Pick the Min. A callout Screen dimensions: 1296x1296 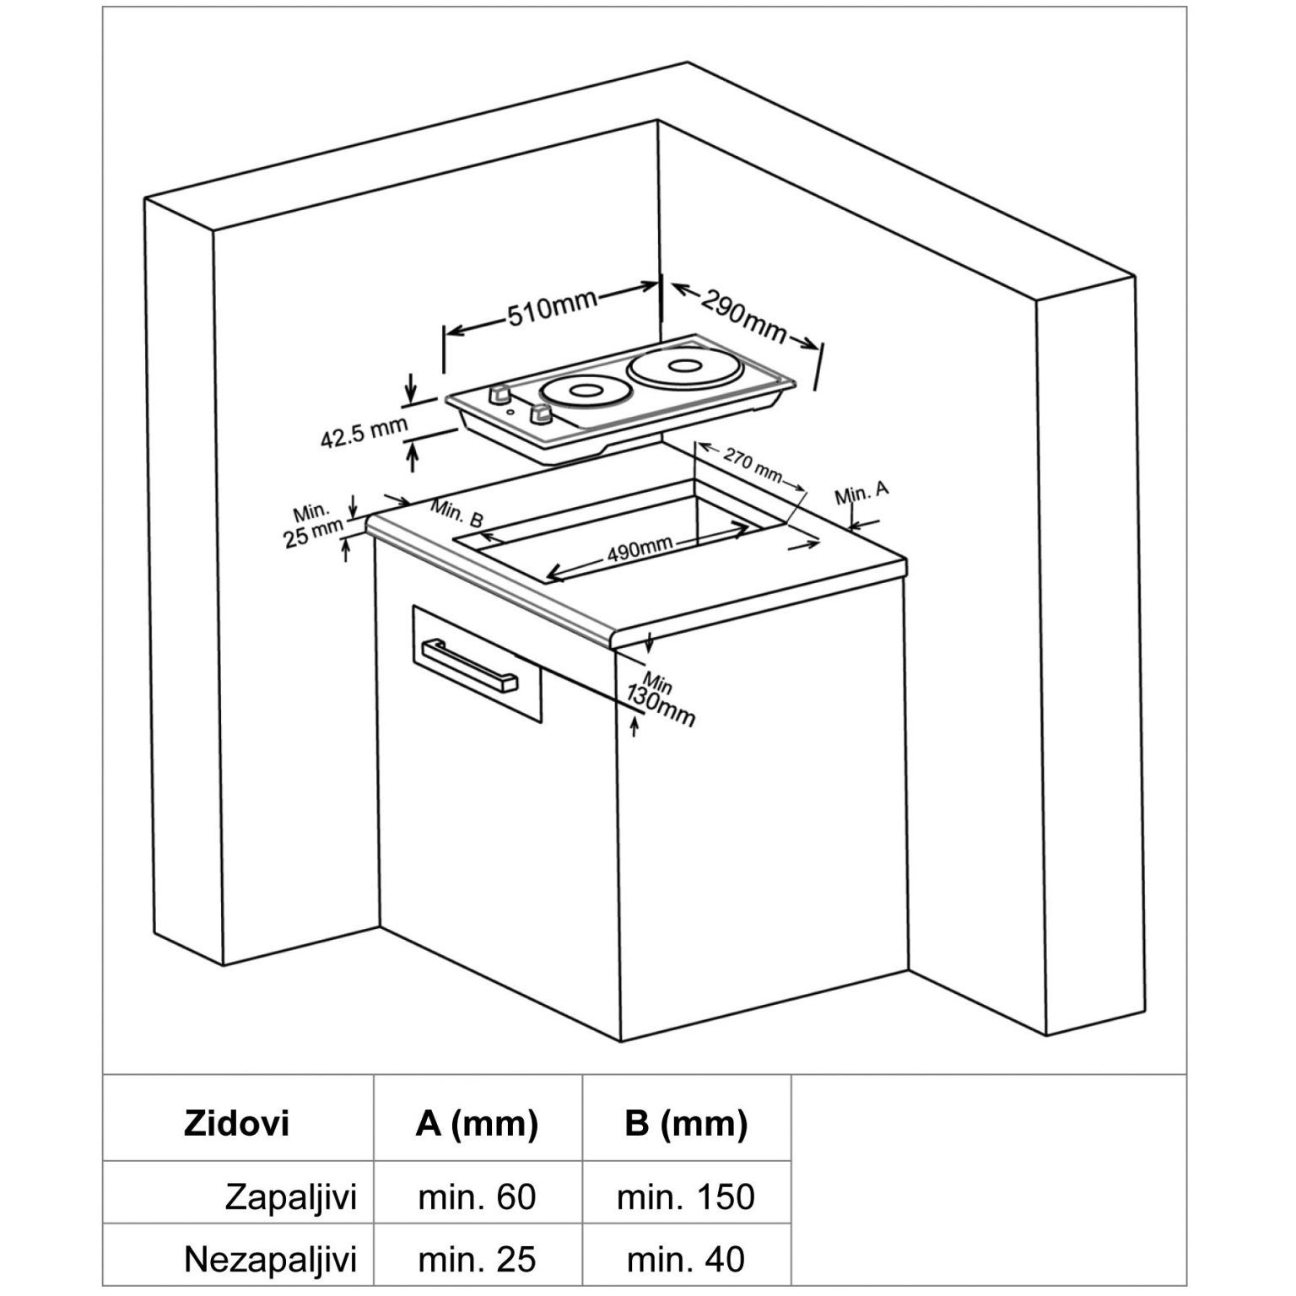pyautogui.click(x=861, y=492)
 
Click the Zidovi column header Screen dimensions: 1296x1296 pyautogui.click(x=236, y=1124)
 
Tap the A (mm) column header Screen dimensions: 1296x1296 pyautogui.click(x=477, y=1124)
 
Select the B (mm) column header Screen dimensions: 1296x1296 pyautogui.click(x=686, y=1124)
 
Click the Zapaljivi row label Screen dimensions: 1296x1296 pyautogui.click(x=290, y=1196)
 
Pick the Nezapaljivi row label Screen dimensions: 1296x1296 pyautogui.click(x=270, y=1261)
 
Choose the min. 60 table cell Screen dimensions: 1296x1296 pyautogui.click(x=477, y=1196)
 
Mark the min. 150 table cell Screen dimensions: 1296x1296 pyautogui.click(x=686, y=1196)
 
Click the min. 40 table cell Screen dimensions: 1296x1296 pyautogui.click(x=686, y=1261)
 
